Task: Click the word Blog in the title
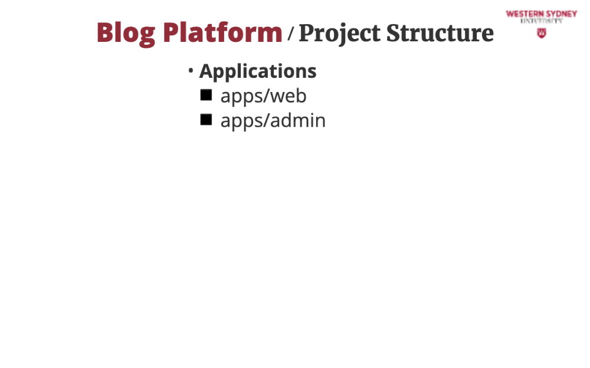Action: pyautogui.click(x=126, y=34)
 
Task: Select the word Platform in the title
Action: pyautogui.click(x=222, y=32)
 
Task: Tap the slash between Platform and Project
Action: pyautogui.click(x=290, y=34)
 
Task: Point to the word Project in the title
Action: pyautogui.click(x=339, y=34)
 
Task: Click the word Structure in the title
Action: pyautogui.click(x=440, y=33)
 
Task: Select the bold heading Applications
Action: pyautogui.click(x=258, y=71)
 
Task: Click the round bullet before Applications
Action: pyautogui.click(x=191, y=70)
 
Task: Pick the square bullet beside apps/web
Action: pyautogui.click(x=206, y=95)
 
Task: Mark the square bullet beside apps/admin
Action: pyautogui.click(x=206, y=120)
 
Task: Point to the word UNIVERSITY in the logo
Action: pyautogui.click(x=542, y=21)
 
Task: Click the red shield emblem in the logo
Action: pyautogui.click(x=542, y=34)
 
